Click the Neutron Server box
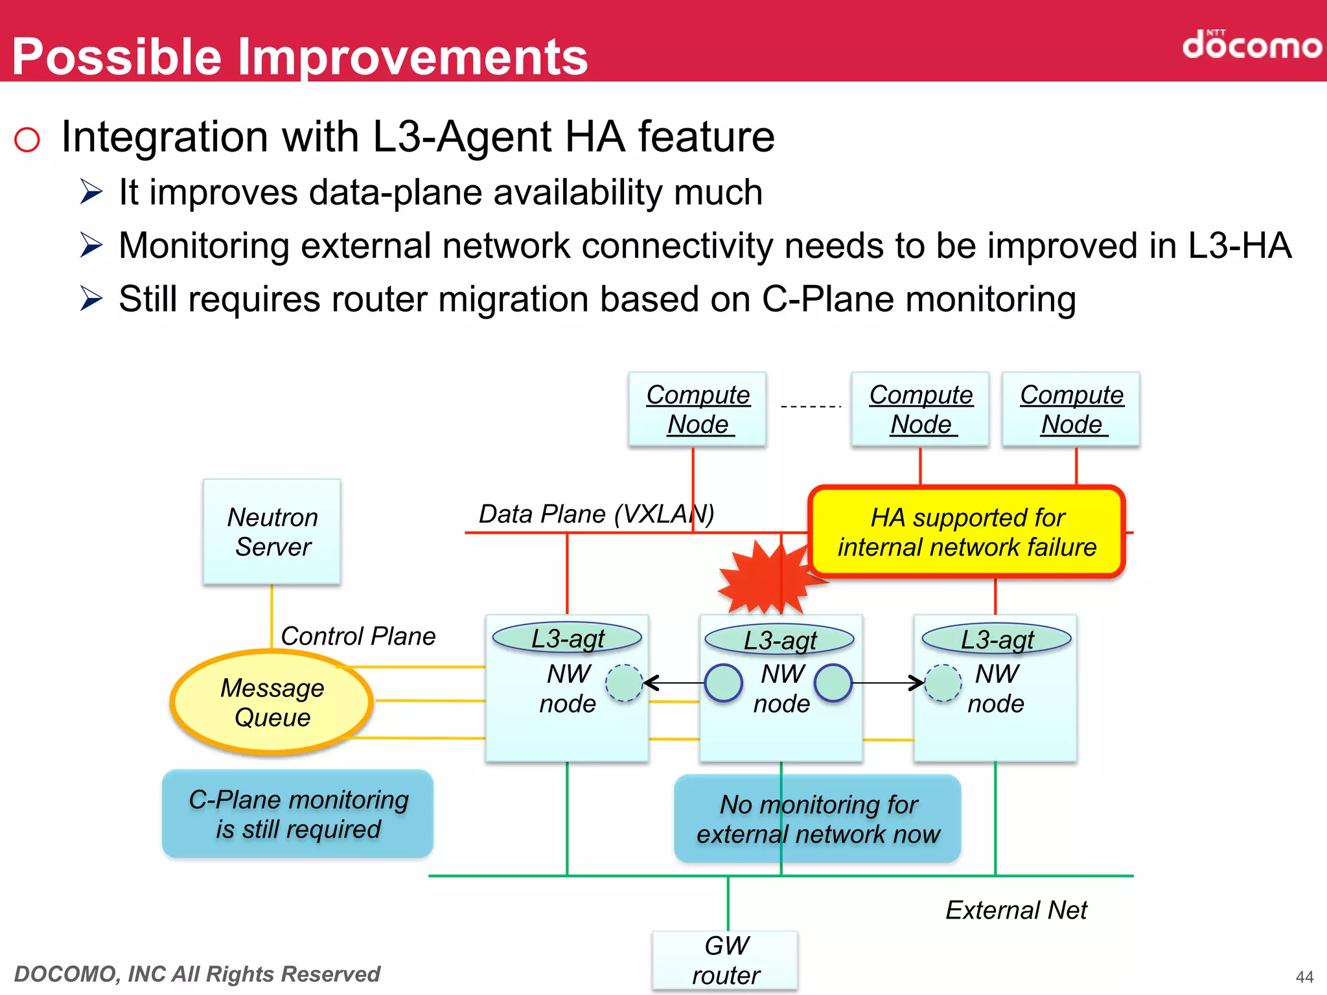click(x=272, y=532)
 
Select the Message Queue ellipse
click(x=271, y=702)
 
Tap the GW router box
click(x=725, y=960)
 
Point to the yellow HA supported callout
click(x=967, y=532)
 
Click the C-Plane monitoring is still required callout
click(x=298, y=814)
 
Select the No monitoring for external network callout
click(x=818, y=819)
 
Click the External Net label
click(x=1016, y=910)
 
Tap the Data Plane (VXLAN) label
click(x=596, y=514)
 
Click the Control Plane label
click(x=358, y=636)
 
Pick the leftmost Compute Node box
click(x=697, y=409)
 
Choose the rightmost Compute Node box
click(x=1071, y=409)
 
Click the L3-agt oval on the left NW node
click(x=567, y=638)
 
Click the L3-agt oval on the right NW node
click(x=997, y=639)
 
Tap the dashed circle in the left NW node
click(x=623, y=683)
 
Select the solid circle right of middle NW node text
click(x=833, y=683)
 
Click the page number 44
click(x=1304, y=976)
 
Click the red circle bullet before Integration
click(x=27, y=139)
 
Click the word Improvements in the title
click(x=413, y=57)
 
